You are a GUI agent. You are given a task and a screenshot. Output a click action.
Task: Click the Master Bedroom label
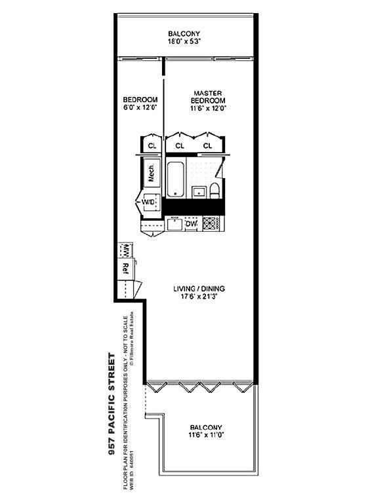coord(208,96)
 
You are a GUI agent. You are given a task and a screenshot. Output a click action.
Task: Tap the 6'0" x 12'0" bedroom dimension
coord(140,107)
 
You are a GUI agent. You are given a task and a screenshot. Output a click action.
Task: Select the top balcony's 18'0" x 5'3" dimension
coord(184,41)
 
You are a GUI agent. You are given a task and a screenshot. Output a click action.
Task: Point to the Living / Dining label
coord(199,289)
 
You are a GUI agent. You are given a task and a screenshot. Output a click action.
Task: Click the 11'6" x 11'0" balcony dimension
coord(206,435)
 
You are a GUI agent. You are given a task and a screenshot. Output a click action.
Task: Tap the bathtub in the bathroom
coord(175,179)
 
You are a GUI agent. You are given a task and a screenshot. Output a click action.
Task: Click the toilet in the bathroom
coord(215,191)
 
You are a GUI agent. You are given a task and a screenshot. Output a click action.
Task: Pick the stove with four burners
coord(211,223)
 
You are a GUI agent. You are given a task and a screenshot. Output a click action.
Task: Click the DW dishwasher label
coord(192,224)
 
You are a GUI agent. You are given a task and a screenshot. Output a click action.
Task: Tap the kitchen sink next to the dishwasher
coord(174,223)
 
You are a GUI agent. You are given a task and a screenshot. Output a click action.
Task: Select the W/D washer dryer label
coord(148,202)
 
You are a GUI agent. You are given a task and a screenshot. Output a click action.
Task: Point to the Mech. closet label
coord(151,173)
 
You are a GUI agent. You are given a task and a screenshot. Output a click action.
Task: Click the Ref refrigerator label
coord(126,269)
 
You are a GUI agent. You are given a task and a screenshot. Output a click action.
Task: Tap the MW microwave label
coord(126,250)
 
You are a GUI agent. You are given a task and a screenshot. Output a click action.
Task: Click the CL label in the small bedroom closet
coord(152,145)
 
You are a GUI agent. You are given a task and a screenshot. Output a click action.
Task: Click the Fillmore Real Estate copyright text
coord(131,339)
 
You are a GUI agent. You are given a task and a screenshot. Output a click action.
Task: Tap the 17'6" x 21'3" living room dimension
coord(199,297)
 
